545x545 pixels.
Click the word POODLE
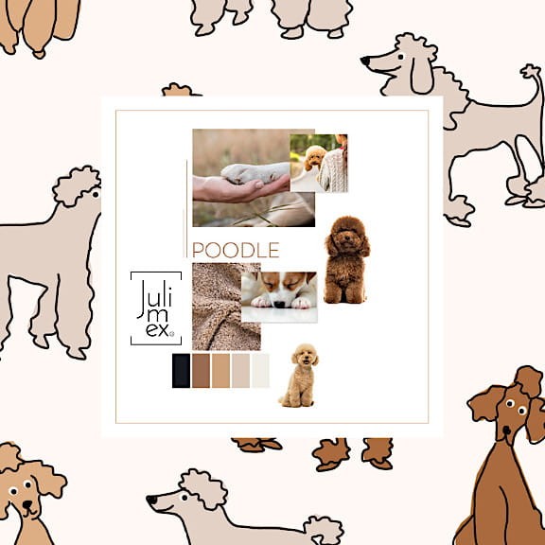pos(236,251)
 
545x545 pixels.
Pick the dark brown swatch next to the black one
pos(201,371)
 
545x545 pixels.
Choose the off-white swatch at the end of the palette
pos(260,371)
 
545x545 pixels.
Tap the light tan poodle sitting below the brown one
pos(300,376)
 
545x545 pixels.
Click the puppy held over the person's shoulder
pos(315,157)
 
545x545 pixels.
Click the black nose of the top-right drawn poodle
pos(365,62)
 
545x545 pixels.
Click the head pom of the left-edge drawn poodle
pos(77,185)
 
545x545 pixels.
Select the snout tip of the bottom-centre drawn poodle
pos(151,499)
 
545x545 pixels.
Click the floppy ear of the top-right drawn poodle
pos(421,75)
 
